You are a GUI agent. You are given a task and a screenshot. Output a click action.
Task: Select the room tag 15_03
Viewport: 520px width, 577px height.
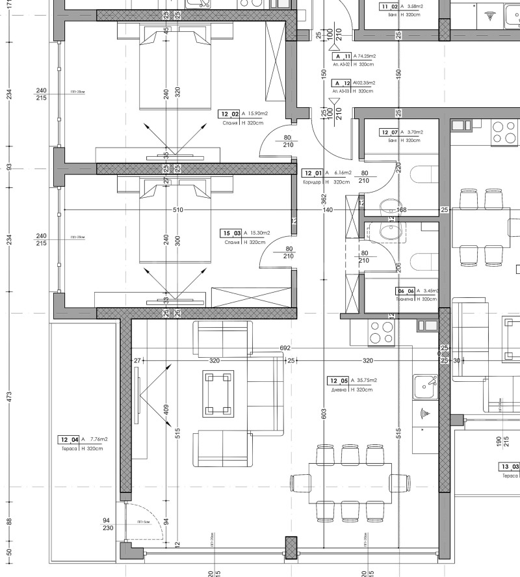[x=231, y=233]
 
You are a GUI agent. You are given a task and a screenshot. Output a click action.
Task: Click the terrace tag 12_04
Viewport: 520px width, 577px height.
[x=69, y=440]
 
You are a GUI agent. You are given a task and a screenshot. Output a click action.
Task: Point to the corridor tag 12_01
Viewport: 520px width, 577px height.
[x=313, y=173]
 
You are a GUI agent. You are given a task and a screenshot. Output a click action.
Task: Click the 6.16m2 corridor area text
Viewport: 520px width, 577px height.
[x=342, y=173]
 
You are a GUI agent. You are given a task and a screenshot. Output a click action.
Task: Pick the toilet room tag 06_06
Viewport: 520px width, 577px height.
[x=406, y=291]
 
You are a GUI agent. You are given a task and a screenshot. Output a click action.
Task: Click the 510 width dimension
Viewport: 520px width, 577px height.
[x=177, y=210]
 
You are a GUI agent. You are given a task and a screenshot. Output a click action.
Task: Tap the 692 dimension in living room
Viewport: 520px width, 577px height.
[x=285, y=348]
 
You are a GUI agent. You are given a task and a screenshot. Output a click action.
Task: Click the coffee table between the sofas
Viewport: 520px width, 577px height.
[x=218, y=393]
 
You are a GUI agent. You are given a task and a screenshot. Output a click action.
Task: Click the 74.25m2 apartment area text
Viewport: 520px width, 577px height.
[x=367, y=57]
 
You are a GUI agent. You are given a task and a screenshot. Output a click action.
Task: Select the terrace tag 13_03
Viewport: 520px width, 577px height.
[x=509, y=467]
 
